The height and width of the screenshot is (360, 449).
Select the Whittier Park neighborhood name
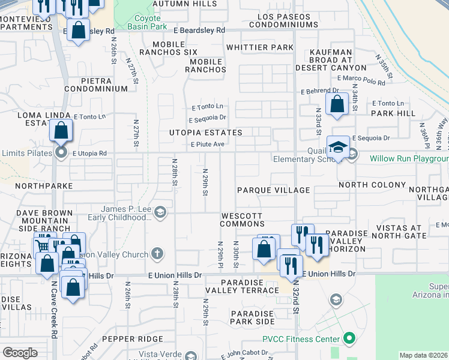tap(259, 47)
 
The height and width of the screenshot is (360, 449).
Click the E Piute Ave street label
tap(207, 145)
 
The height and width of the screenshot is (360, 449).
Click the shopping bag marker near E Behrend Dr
tap(337, 104)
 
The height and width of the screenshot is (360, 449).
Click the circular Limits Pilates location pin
tap(61, 153)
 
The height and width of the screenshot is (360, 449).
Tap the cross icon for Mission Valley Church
tap(157, 254)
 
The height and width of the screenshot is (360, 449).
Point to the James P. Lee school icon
tap(160, 212)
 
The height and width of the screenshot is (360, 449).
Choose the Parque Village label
tap(273, 190)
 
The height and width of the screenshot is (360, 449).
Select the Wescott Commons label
tap(242, 219)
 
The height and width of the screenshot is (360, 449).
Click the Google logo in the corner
tap(20, 353)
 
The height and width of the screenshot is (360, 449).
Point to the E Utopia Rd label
tap(89, 154)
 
